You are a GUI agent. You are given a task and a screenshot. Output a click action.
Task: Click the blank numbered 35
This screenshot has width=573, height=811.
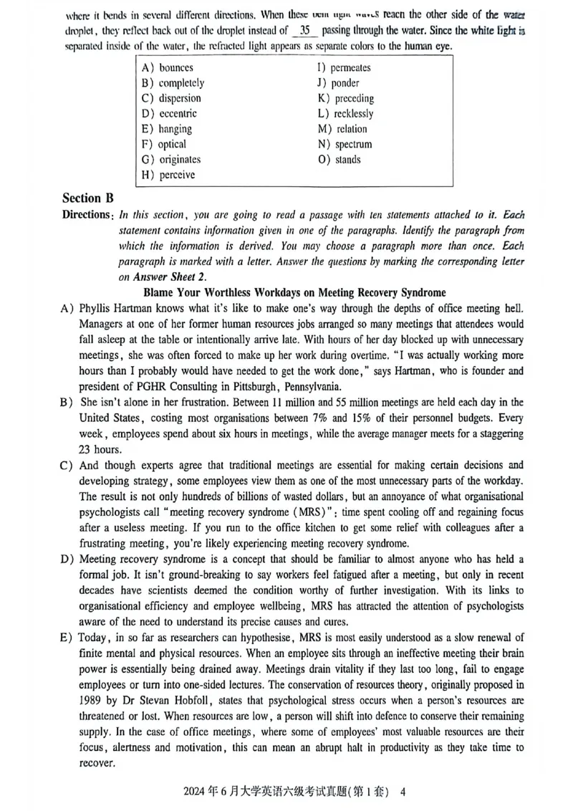click(x=305, y=31)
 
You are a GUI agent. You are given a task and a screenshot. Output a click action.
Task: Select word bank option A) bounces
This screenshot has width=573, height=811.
click(x=168, y=68)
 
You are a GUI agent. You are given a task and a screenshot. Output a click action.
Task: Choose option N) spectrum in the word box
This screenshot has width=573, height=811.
click(x=345, y=145)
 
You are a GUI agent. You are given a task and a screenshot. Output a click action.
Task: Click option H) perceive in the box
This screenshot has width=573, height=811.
click(x=168, y=175)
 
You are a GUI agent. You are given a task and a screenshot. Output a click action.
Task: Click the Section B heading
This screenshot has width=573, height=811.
click(x=87, y=198)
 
